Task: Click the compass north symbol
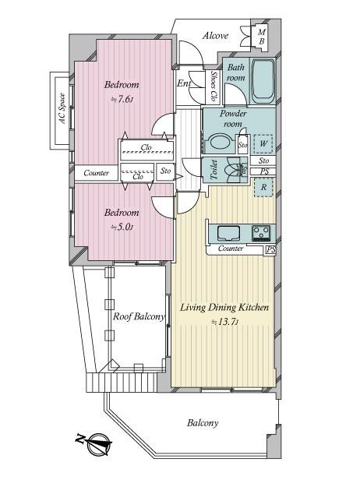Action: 94,443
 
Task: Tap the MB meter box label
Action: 262,37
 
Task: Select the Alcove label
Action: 216,36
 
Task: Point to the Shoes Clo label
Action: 214,86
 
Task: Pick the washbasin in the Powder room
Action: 219,143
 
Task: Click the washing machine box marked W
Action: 263,143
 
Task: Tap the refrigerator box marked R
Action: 263,187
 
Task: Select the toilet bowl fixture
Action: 233,170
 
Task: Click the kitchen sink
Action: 228,233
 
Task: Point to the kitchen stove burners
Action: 261,233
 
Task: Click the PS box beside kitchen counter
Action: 270,250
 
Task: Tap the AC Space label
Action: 62,108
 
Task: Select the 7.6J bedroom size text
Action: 122,99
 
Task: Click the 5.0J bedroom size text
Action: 122,228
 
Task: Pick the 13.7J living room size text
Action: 224,322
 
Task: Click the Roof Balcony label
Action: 139,316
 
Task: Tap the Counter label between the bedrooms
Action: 96,173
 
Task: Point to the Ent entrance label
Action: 184,83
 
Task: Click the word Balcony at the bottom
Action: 203,423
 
